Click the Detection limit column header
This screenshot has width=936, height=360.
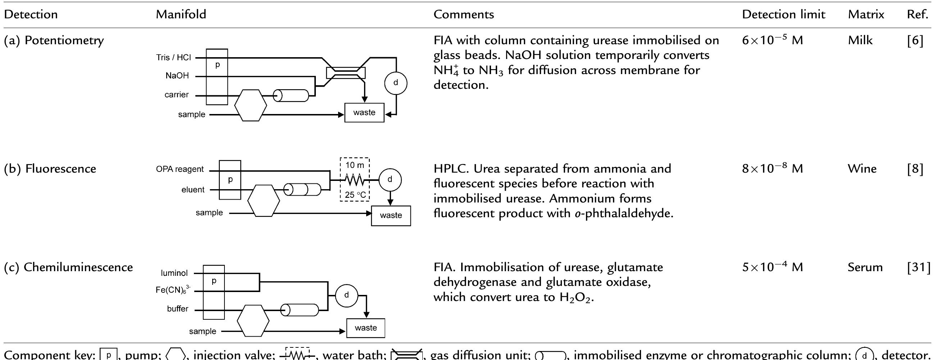(x=783, y=14)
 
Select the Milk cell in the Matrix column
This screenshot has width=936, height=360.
(x=860, y=40)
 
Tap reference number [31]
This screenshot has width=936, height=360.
(x=919, y=267)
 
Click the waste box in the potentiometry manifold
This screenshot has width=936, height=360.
(x=364, y=113)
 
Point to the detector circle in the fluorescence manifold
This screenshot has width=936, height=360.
(x=390, y=179)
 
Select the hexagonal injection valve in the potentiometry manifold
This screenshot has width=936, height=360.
(x=250, y=105)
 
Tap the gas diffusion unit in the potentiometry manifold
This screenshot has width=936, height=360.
(x=346, y=73)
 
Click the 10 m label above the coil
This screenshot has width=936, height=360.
(x=354, y=165)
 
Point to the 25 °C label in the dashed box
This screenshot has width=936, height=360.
(x=355, y=195)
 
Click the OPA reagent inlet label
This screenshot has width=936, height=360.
(x=180, y=169)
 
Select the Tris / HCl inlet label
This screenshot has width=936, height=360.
(x=173, y=58)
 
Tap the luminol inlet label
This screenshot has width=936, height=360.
(x=174, y=273)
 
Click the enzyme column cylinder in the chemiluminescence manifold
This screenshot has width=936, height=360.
(x=300, y=310)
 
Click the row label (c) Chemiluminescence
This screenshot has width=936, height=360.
(x=68, y=267)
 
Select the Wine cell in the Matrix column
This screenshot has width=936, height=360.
(x=862, y=169)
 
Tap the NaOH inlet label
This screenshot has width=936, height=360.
(x=177, y=76)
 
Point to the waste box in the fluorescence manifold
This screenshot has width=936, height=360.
(x=391, y=215)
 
